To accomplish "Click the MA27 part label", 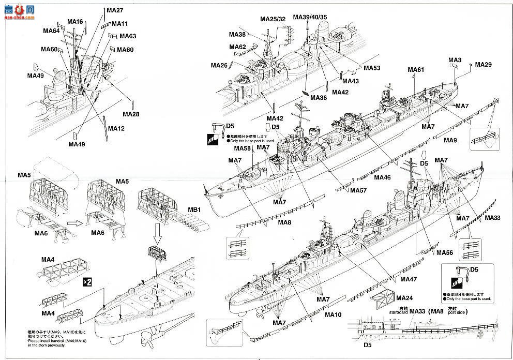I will (115, 10).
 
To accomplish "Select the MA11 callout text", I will (119, 24).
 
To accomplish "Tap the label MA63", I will (128, 36).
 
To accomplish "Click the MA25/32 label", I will (273, 19).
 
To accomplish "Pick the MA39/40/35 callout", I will (310, 17).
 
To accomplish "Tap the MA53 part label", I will (372, 68).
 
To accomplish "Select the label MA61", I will (416, 70).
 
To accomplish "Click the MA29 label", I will (483, 65).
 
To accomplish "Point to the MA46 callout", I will (382, 177).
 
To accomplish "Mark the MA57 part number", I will (358, 190).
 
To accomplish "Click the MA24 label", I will (404, 298).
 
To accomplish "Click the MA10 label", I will (333, 314).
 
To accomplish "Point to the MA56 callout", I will (444, 253).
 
